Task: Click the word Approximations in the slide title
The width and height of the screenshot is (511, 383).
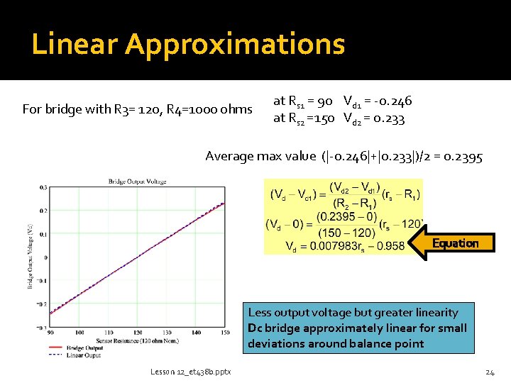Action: [235, 44]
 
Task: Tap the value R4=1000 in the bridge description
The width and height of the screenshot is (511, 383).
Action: [192, 109]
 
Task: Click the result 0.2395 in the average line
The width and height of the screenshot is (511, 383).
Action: [463, 156]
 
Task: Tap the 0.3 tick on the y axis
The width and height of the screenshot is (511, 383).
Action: [43, 187]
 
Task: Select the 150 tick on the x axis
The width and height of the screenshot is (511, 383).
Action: [226, 333]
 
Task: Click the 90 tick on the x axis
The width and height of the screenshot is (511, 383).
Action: [50, 333]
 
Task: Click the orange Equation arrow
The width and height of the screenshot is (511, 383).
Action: [454, 243]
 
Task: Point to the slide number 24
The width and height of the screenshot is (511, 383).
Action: [489, 372]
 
